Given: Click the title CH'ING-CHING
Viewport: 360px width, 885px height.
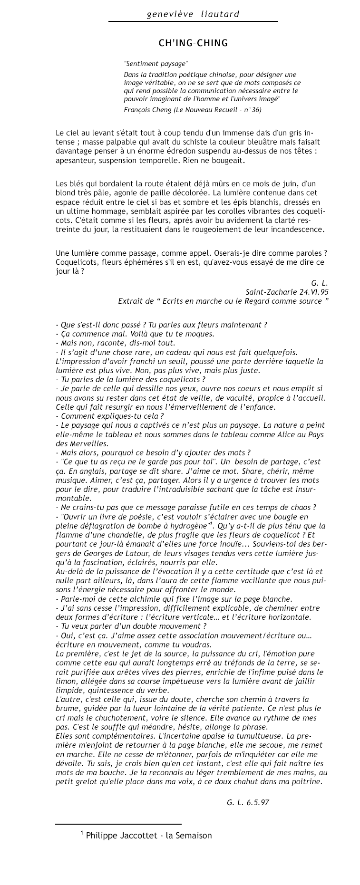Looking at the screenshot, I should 193,43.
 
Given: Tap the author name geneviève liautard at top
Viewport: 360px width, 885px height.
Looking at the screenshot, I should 193,14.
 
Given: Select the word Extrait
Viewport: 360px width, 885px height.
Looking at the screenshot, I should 130,301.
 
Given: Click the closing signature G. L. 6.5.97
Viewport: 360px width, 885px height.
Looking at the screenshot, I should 248,802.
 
